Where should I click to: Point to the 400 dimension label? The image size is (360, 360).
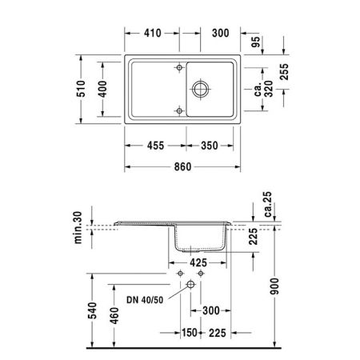tap(100, 90)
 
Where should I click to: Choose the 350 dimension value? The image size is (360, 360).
tap(210, 147)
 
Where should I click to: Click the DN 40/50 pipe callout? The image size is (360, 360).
tap(144, 300)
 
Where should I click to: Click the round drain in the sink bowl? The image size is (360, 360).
tap(201, 88)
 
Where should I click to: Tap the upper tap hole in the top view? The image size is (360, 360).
tap(179, 67)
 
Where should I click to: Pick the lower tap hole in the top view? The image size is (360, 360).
tap(179, 110)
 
